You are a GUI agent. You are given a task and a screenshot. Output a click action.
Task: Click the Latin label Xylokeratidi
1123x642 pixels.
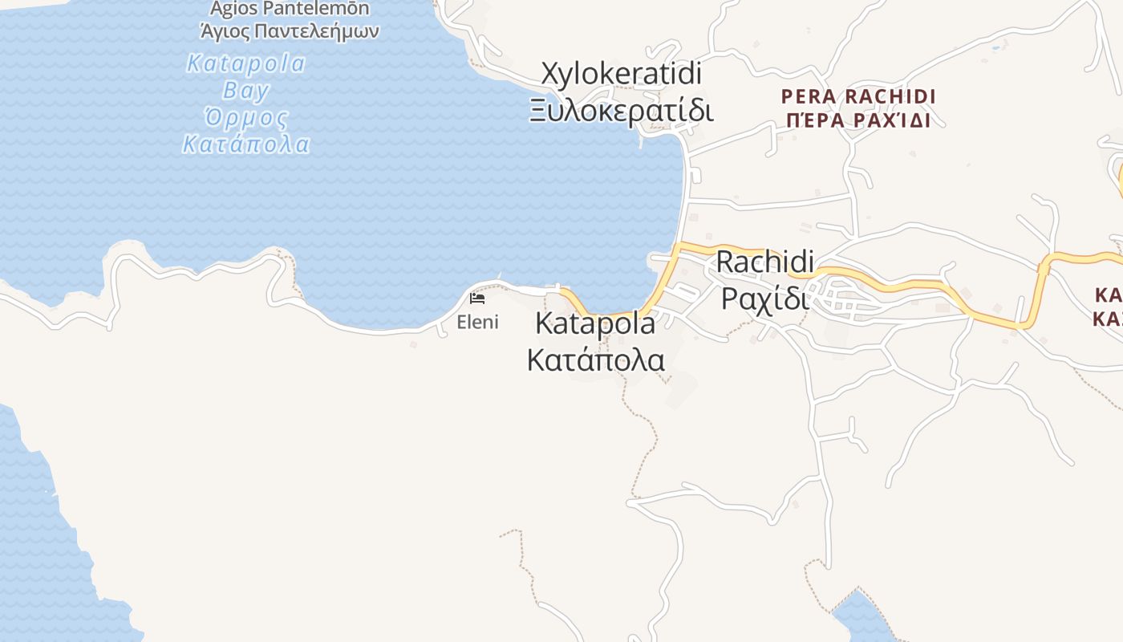coord(621,74)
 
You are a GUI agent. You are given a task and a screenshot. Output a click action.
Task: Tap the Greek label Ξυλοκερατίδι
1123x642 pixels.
coord(621,110)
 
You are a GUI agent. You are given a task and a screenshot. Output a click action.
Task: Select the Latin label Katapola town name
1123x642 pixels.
coord(594,324)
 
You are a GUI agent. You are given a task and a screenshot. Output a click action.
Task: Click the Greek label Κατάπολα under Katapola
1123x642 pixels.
coord(595,360)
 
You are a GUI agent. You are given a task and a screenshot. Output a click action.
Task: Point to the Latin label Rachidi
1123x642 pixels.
coord(764,262)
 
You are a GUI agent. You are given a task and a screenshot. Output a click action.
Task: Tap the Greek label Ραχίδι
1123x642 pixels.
coord(764,298)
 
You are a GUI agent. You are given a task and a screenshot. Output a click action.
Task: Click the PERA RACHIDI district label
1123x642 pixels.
coord(858,97)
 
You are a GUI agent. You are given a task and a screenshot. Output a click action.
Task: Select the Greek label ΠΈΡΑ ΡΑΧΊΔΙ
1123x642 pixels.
coord(858,121)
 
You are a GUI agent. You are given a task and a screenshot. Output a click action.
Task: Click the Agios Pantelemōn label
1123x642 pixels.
coord(290,10)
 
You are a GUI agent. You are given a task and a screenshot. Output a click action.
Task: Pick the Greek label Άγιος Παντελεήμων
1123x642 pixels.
coord(290,32)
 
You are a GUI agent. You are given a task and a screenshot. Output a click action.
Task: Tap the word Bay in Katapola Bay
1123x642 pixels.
coord(246,90)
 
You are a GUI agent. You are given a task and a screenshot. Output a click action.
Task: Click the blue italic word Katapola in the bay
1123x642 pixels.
coord(246,63)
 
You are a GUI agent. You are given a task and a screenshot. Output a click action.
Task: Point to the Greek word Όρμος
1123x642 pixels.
coord(246,118)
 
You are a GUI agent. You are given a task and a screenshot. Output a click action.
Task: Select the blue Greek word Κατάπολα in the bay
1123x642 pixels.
coord(246,145)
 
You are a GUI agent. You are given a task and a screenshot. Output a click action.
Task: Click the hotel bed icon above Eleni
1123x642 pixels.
coord(477,299)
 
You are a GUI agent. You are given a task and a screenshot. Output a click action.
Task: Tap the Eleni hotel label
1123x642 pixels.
coord(477,323)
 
